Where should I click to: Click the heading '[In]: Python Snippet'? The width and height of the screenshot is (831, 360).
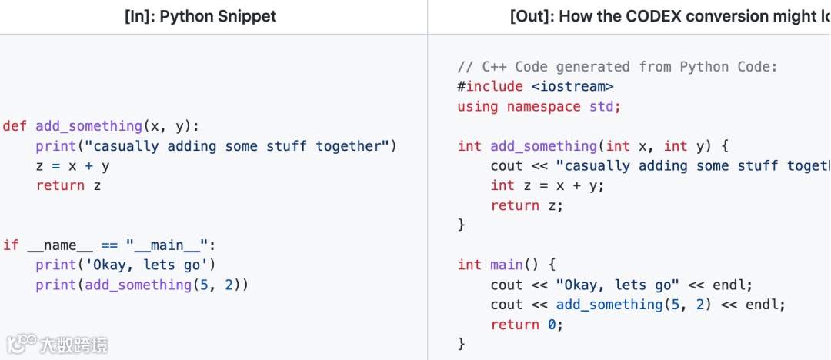coord(200,15)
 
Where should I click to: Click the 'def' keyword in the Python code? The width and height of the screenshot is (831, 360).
coord(15,126)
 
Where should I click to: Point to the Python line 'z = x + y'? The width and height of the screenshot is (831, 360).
coord(72,166)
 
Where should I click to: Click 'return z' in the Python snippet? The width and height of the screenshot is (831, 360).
coord(68,186)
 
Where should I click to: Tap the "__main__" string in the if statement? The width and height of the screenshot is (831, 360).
coord(168,245)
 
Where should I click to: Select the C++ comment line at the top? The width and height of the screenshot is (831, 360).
coord(617,67)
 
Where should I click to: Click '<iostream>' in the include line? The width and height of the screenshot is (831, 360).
coord(572,87)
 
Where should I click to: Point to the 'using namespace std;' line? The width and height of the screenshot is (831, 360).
coord(539,107)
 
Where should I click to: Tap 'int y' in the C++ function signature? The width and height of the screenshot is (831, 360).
coord(687,146)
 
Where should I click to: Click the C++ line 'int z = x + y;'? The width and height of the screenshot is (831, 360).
coord(547,186)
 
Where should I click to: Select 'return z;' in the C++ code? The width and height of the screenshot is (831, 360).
coord(527,206)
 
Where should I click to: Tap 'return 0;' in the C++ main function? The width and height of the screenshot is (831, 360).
coord(527,325)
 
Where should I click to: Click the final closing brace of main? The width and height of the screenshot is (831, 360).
coord(462,344)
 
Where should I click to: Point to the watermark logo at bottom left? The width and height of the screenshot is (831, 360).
coord(22,343)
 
